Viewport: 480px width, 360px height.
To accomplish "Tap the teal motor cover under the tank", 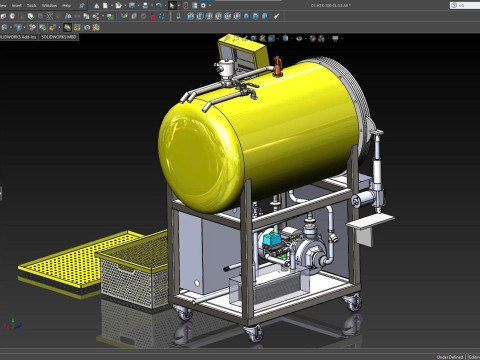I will click(271, 242).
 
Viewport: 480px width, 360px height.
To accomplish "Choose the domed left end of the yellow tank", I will click(200, 140).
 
